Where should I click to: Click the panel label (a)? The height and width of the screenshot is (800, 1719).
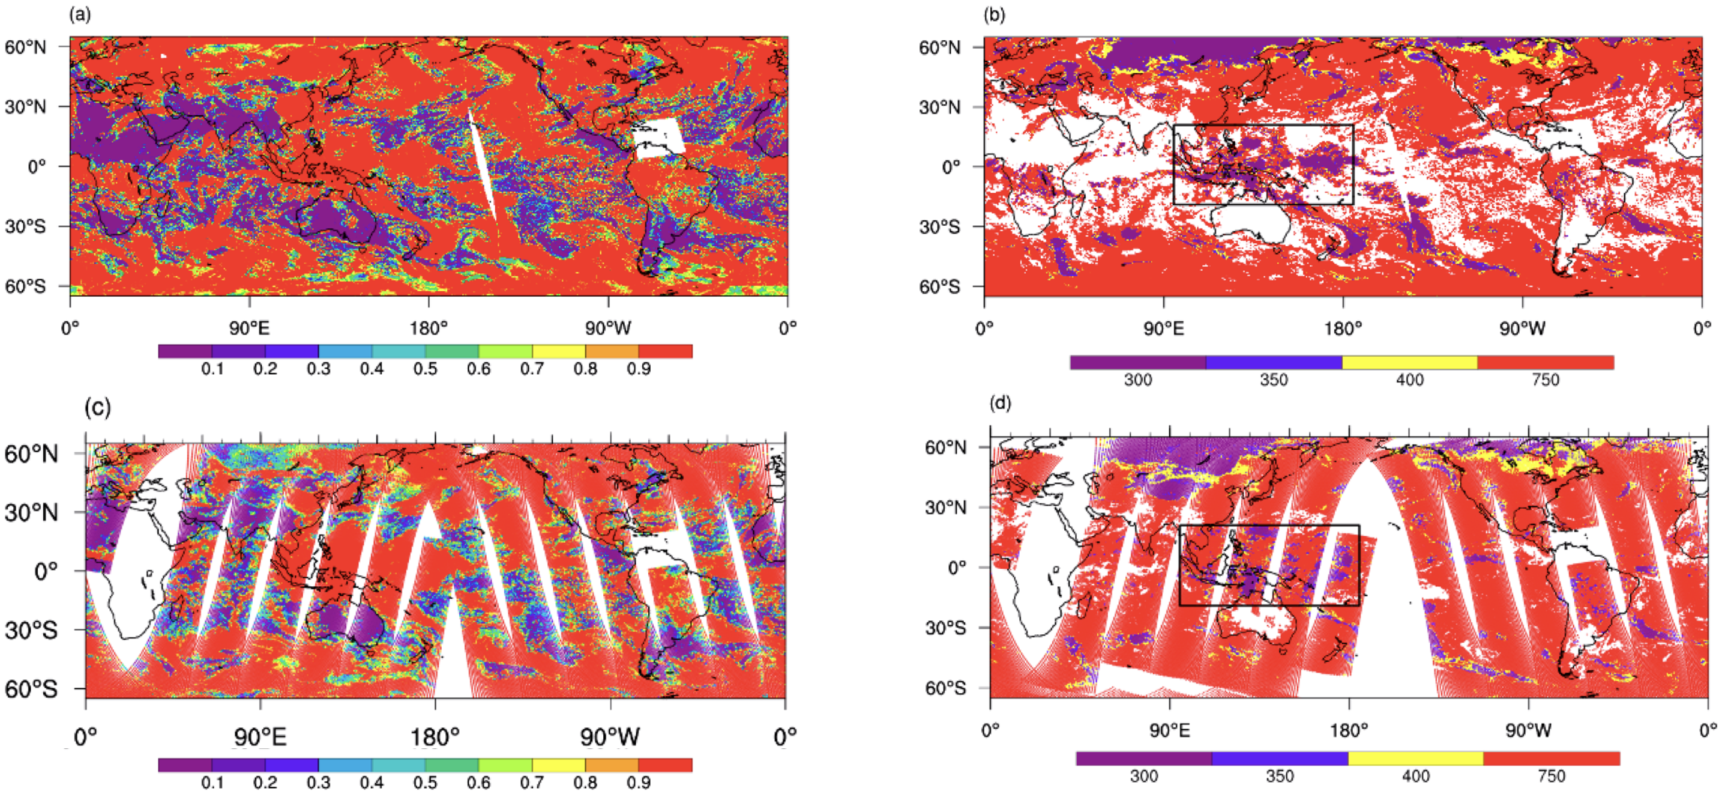80,14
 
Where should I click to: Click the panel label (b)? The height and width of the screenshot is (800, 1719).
995,14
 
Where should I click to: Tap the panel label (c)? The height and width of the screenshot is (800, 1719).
97,407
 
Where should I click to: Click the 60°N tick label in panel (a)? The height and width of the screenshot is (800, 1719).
25,47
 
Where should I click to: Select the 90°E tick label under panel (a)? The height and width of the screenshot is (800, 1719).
250,328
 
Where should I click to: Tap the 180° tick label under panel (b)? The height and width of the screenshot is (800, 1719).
1343,329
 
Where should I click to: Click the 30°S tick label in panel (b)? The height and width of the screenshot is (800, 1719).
939,227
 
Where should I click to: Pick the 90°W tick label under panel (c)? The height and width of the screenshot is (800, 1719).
610,737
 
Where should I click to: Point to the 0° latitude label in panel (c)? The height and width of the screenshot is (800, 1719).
46,572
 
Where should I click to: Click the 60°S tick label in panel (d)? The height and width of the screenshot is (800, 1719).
945,688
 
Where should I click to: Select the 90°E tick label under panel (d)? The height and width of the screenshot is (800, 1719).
1170,730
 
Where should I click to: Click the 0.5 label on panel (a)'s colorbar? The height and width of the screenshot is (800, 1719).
425,369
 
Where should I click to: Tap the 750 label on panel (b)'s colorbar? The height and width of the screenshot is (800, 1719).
1546,380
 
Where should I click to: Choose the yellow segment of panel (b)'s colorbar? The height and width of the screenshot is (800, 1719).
1409,363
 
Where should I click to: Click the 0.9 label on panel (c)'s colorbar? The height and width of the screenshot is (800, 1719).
639,782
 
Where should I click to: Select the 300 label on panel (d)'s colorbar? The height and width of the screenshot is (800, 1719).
1144,776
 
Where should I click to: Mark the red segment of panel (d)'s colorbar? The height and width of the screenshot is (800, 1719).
1552,759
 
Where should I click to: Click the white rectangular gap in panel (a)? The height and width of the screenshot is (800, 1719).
659,139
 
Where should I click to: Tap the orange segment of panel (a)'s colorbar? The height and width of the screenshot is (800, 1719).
612,351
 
